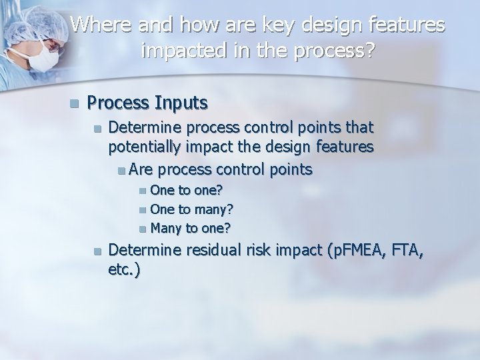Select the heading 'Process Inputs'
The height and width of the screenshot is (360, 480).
point(147,103)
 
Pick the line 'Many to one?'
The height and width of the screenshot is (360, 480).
point(191,228)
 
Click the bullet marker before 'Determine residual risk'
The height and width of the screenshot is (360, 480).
point(97,252)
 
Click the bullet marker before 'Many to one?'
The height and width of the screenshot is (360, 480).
point(143,229)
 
